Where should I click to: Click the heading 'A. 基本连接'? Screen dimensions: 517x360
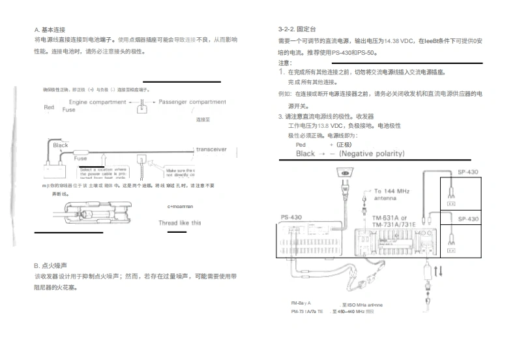(50, 30)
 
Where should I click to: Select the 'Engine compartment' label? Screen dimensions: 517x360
(98, 102)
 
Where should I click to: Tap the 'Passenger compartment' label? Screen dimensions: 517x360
(192, 102)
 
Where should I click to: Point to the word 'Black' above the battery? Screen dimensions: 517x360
(60, 145)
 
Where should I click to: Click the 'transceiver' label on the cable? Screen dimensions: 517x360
(211, 149)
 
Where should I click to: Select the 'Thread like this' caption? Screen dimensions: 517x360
(180, 223)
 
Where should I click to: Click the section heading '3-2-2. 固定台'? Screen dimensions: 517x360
(297, 30)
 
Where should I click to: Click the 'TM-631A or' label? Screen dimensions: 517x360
(389, 218)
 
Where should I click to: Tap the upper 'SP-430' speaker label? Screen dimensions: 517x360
(468, 172)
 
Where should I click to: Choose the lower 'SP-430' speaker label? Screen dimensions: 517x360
(468, 219)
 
